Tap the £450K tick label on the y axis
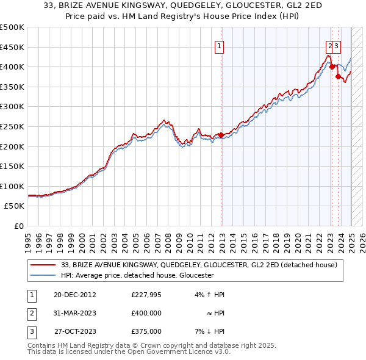13,47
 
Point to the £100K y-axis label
13,186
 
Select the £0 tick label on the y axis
19,226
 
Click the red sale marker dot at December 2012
221,135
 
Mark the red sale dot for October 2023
337,76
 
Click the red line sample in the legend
43,265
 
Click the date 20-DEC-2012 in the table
74,295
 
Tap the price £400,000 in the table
146,314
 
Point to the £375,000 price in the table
146,332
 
